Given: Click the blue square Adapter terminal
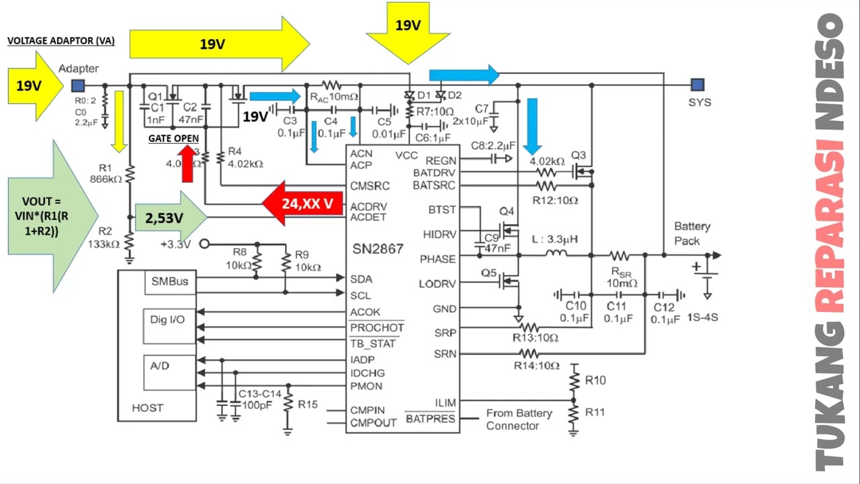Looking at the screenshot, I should (78, 85).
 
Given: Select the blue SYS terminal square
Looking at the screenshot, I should (697, 85).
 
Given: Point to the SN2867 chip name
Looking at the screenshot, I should (378, 249).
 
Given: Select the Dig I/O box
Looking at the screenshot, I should (167, 320).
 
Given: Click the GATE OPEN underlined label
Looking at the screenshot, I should (173, 138).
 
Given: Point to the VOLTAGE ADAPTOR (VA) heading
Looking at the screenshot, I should (60, 41).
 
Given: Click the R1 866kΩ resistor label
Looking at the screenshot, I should (105, 174).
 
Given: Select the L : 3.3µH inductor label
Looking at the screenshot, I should (554, 239).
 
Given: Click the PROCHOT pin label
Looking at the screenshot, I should (377, 328).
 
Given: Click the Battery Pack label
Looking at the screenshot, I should (692, 233).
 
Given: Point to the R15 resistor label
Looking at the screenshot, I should (308, 405).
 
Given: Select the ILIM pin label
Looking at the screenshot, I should (444, 403).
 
